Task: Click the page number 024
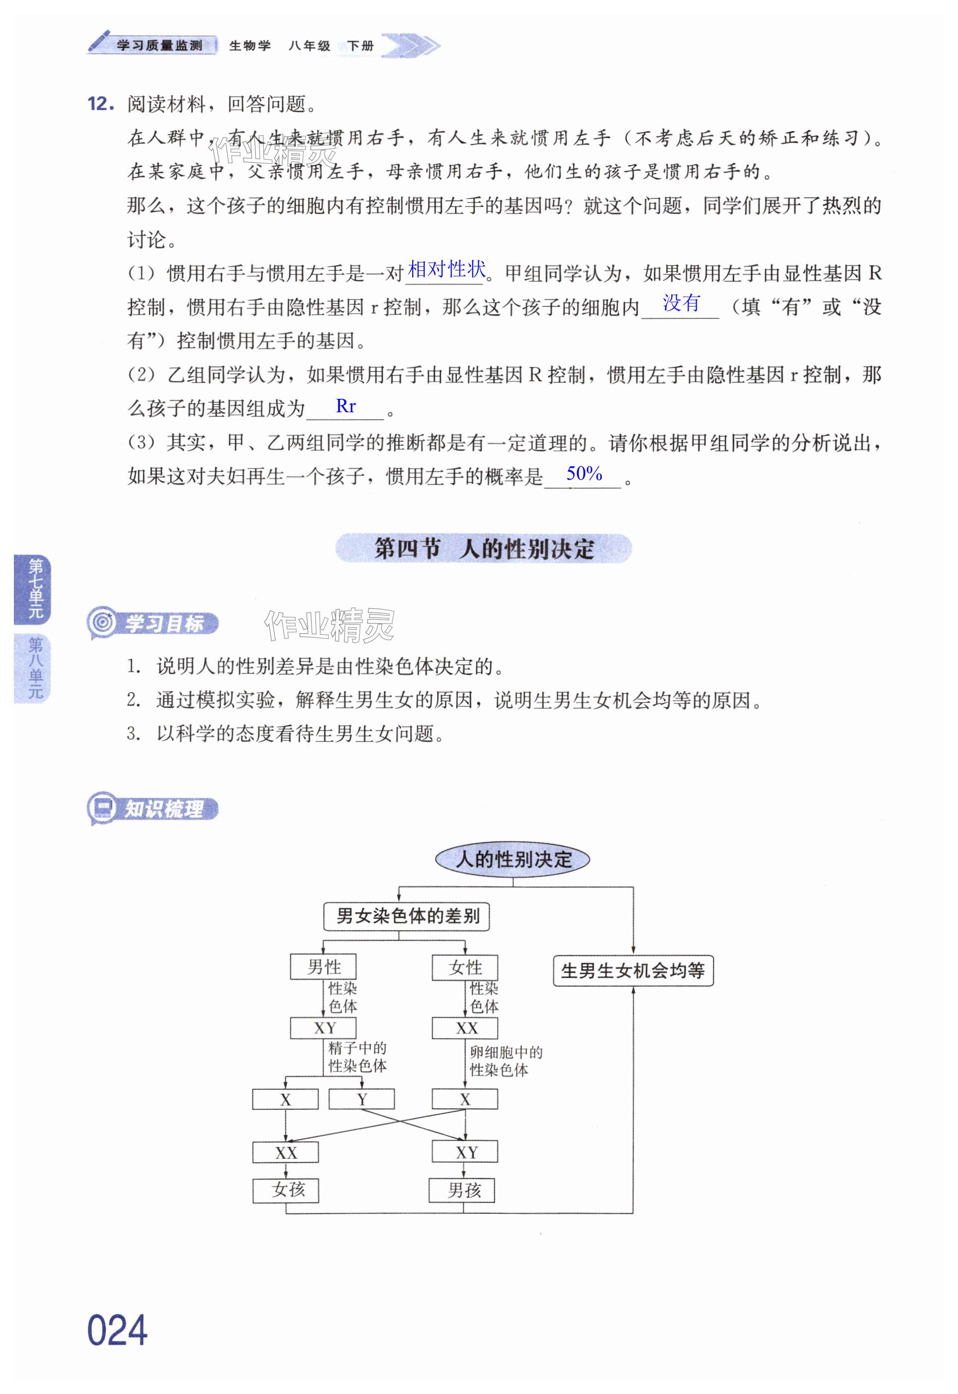(x=117, y=1330)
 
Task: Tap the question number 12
(x=100, y=104)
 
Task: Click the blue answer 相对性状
(x=446, y=269)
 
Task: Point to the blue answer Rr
(x=346, y=406)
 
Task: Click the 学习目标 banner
(x=153, y=623)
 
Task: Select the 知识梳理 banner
(x=153, y=809)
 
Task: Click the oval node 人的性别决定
(x=512, y=859)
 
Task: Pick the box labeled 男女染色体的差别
(x=406, y=916)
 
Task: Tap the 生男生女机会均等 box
(x=633, y=970)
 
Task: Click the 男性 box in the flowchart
(x=323, y=967)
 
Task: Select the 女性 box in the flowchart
(x=465, y=967)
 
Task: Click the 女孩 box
(x=286, y=1190)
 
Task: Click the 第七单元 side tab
(x=35, y=589)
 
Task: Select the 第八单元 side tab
(x=35, y=668)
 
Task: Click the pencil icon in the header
(x=99, y=41)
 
